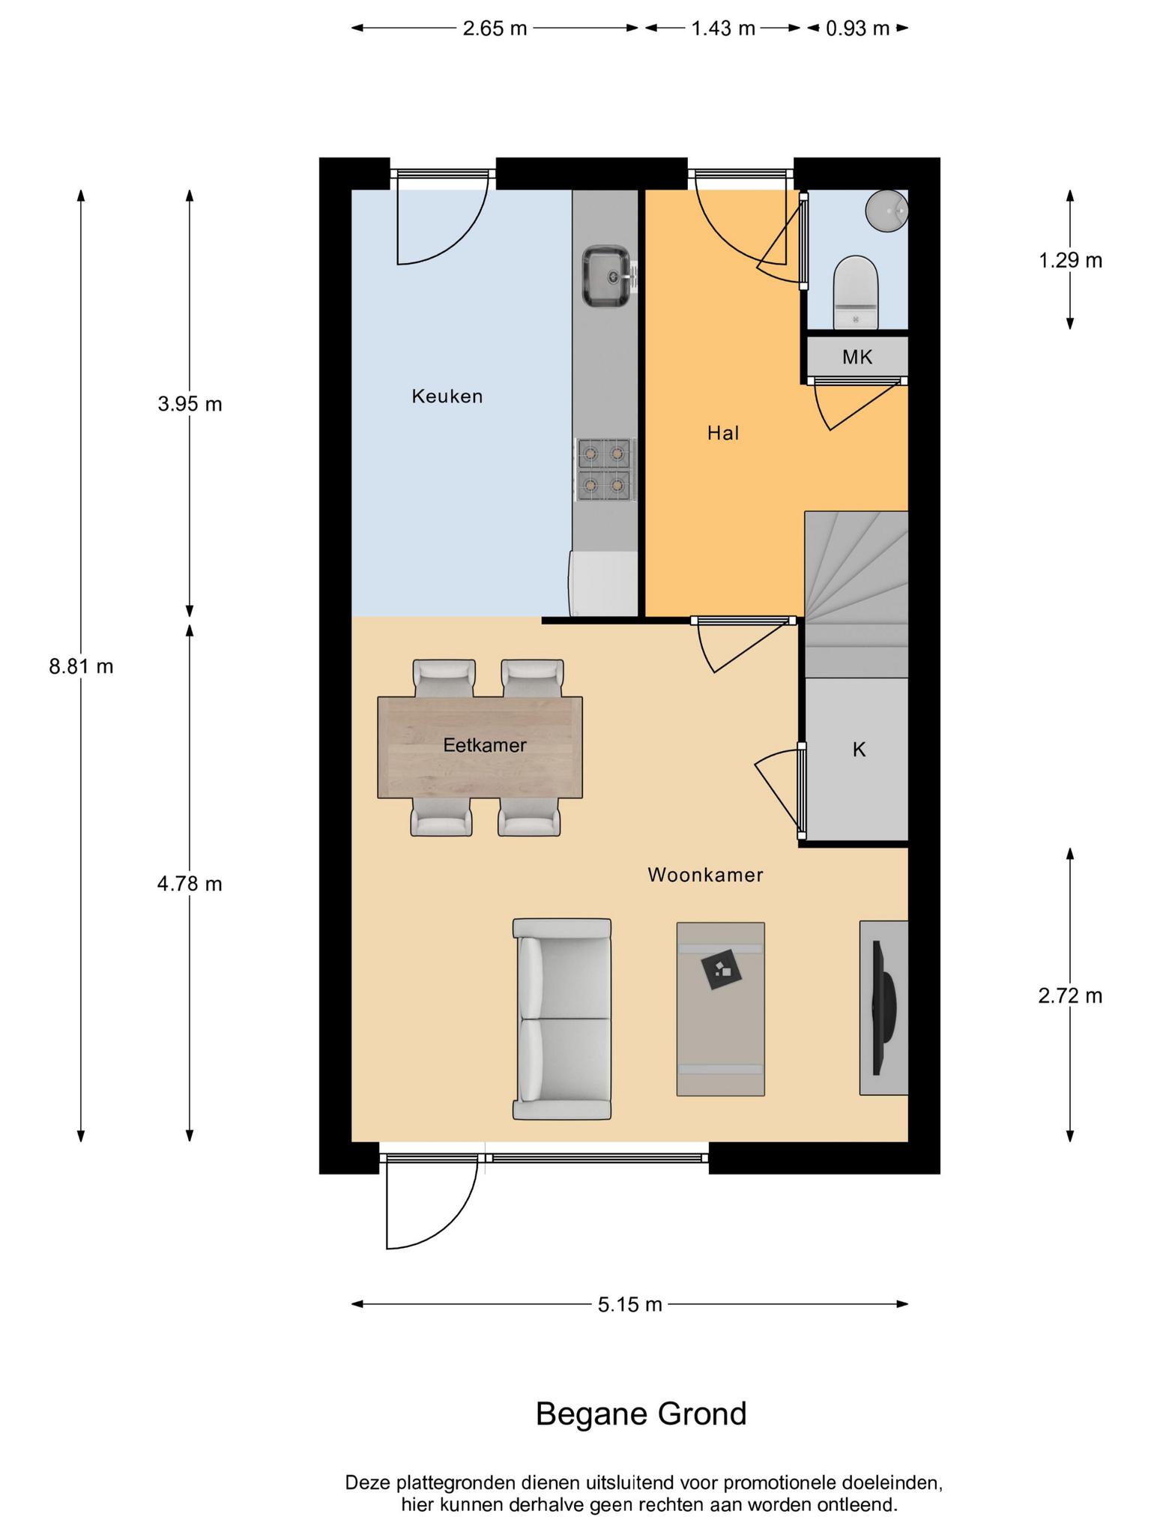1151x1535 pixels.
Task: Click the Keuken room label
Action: point(447,396)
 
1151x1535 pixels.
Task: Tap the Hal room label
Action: point(723,432)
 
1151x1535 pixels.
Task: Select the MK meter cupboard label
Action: point(857,357)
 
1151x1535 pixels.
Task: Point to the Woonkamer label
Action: point(705,875)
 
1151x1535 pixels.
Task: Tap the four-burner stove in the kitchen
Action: point(605,470)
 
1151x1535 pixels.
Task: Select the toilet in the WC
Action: point(855,292)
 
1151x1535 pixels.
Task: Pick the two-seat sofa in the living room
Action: point(562,1019)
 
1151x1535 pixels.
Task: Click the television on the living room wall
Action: point(884,1007)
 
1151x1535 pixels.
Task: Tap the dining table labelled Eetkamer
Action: point(480,747)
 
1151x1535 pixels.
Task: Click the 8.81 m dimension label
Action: point(81,666)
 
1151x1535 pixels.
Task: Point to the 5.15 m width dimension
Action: point(629,1305)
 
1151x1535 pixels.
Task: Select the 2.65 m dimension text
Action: point(495,28)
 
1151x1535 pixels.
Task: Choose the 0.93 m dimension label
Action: point(857,28)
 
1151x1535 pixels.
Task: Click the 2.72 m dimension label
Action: point(1070,996)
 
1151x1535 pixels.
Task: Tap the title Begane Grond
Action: point(641,1414)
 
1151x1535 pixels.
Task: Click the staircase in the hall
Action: point(856,594)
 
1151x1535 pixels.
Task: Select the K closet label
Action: point(859,749)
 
